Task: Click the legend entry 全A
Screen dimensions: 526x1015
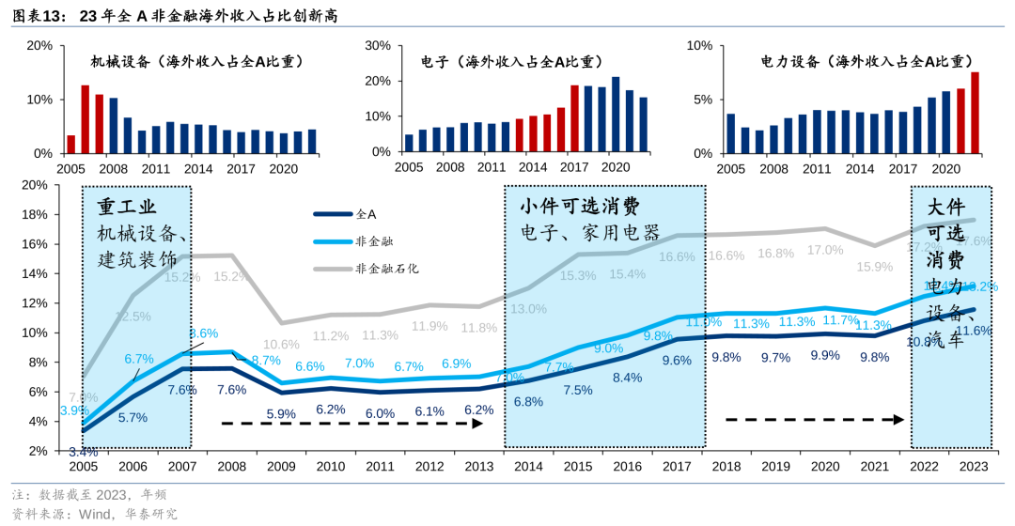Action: (x=366, y=214)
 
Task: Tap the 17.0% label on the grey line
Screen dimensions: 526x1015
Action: (x=824, y=250)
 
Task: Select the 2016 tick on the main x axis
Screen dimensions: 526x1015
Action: (x=627, y=466)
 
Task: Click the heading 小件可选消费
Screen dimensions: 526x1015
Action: (x=580, y=206)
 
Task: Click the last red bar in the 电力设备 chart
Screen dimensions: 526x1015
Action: (x=975, y=113)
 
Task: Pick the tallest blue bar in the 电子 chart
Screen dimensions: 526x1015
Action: (x=616, y=115)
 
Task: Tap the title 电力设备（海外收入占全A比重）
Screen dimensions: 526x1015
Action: (x=866, y=62)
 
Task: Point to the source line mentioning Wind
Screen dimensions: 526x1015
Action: (x=94, y=514)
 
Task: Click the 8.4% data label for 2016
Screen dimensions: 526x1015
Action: (x=627, y=378)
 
